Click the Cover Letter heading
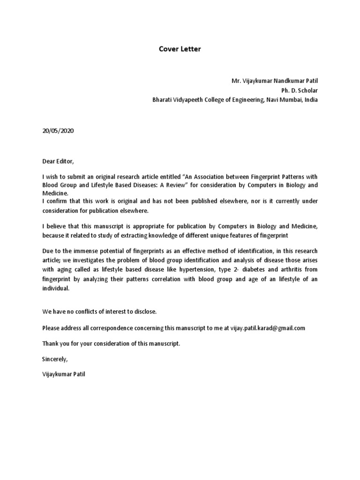180,49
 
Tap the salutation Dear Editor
58,161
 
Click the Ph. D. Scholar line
299,90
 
